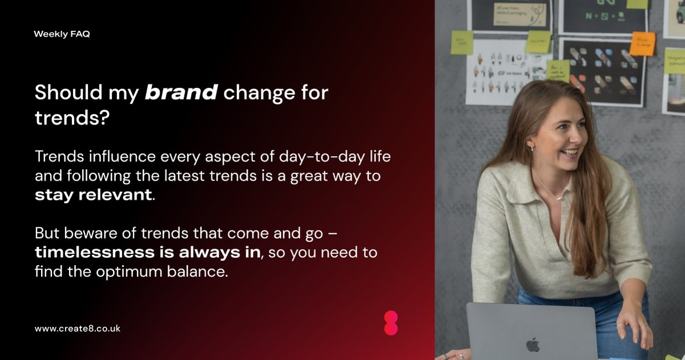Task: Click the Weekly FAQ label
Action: [x=62, y=34]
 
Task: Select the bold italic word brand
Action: [x=181, y=93]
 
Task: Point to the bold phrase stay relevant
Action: [x=93, y=194]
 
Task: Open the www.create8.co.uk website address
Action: [x=77, y=329]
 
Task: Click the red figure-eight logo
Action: [x=390, y=323]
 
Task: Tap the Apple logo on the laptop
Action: [x=533, y=344]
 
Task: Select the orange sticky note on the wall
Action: [x=642, y=43]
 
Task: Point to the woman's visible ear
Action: [x=531, y=143]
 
